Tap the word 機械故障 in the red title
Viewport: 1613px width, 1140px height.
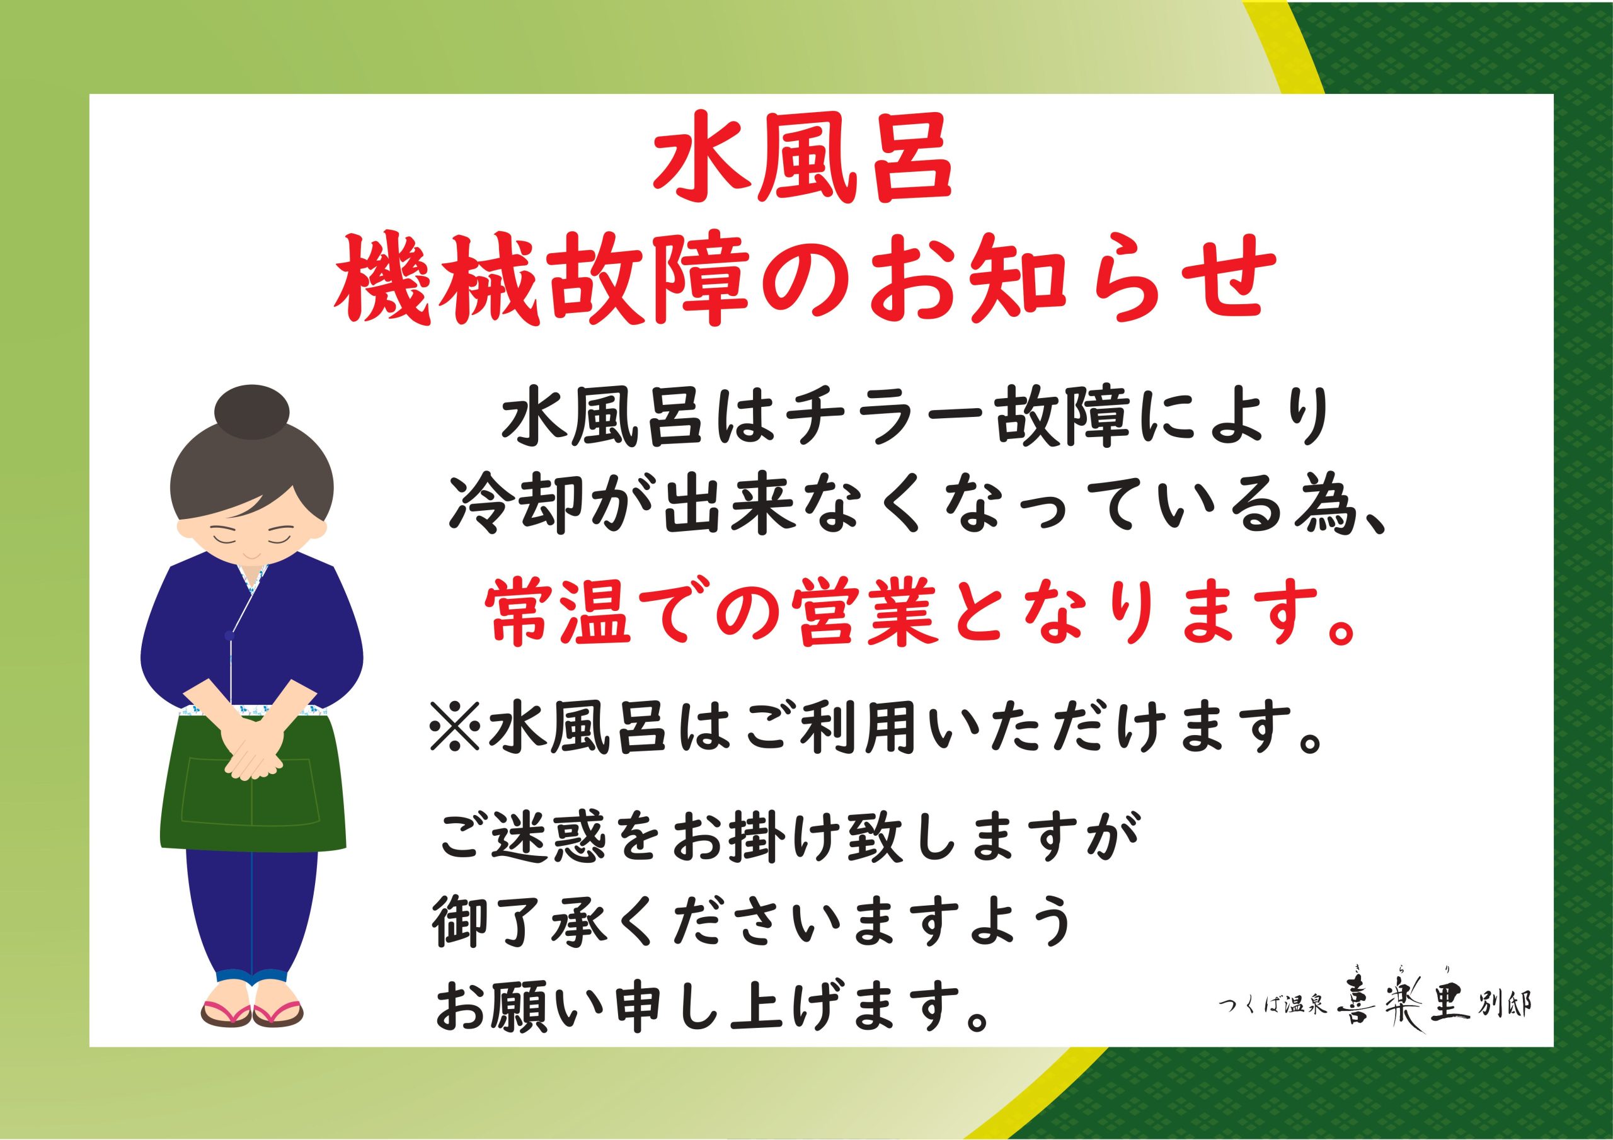(542, 280)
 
